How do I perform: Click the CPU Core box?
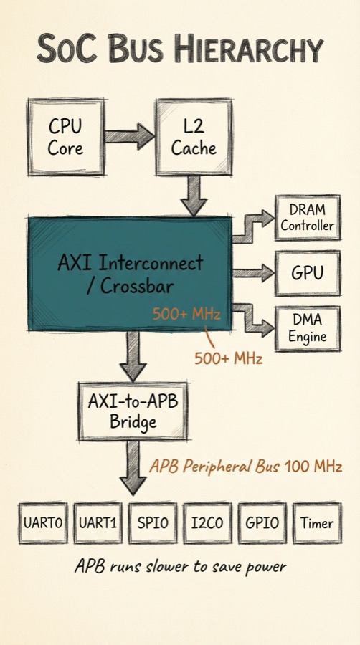[x=65, y=136]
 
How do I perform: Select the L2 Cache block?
[x=194, y=136]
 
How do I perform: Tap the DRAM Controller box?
[x=307, y=217]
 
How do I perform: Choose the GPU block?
[x=307, y=272]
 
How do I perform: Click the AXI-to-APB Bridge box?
[x=133, y=411]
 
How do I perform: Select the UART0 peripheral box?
[x=43, y=523]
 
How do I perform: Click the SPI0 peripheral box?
[x=152, y=523]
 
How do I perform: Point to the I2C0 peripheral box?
[x=207, y=523]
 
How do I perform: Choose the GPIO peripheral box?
[x=262, y=523]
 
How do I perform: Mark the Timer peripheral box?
[x=317, y=523]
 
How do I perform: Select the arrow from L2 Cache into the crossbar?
[x=194, y=195]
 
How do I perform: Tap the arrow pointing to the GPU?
[x=253, y=272]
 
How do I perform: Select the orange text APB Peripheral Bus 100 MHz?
[x=245, y=467]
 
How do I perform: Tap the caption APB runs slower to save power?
[x=180, y=567]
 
